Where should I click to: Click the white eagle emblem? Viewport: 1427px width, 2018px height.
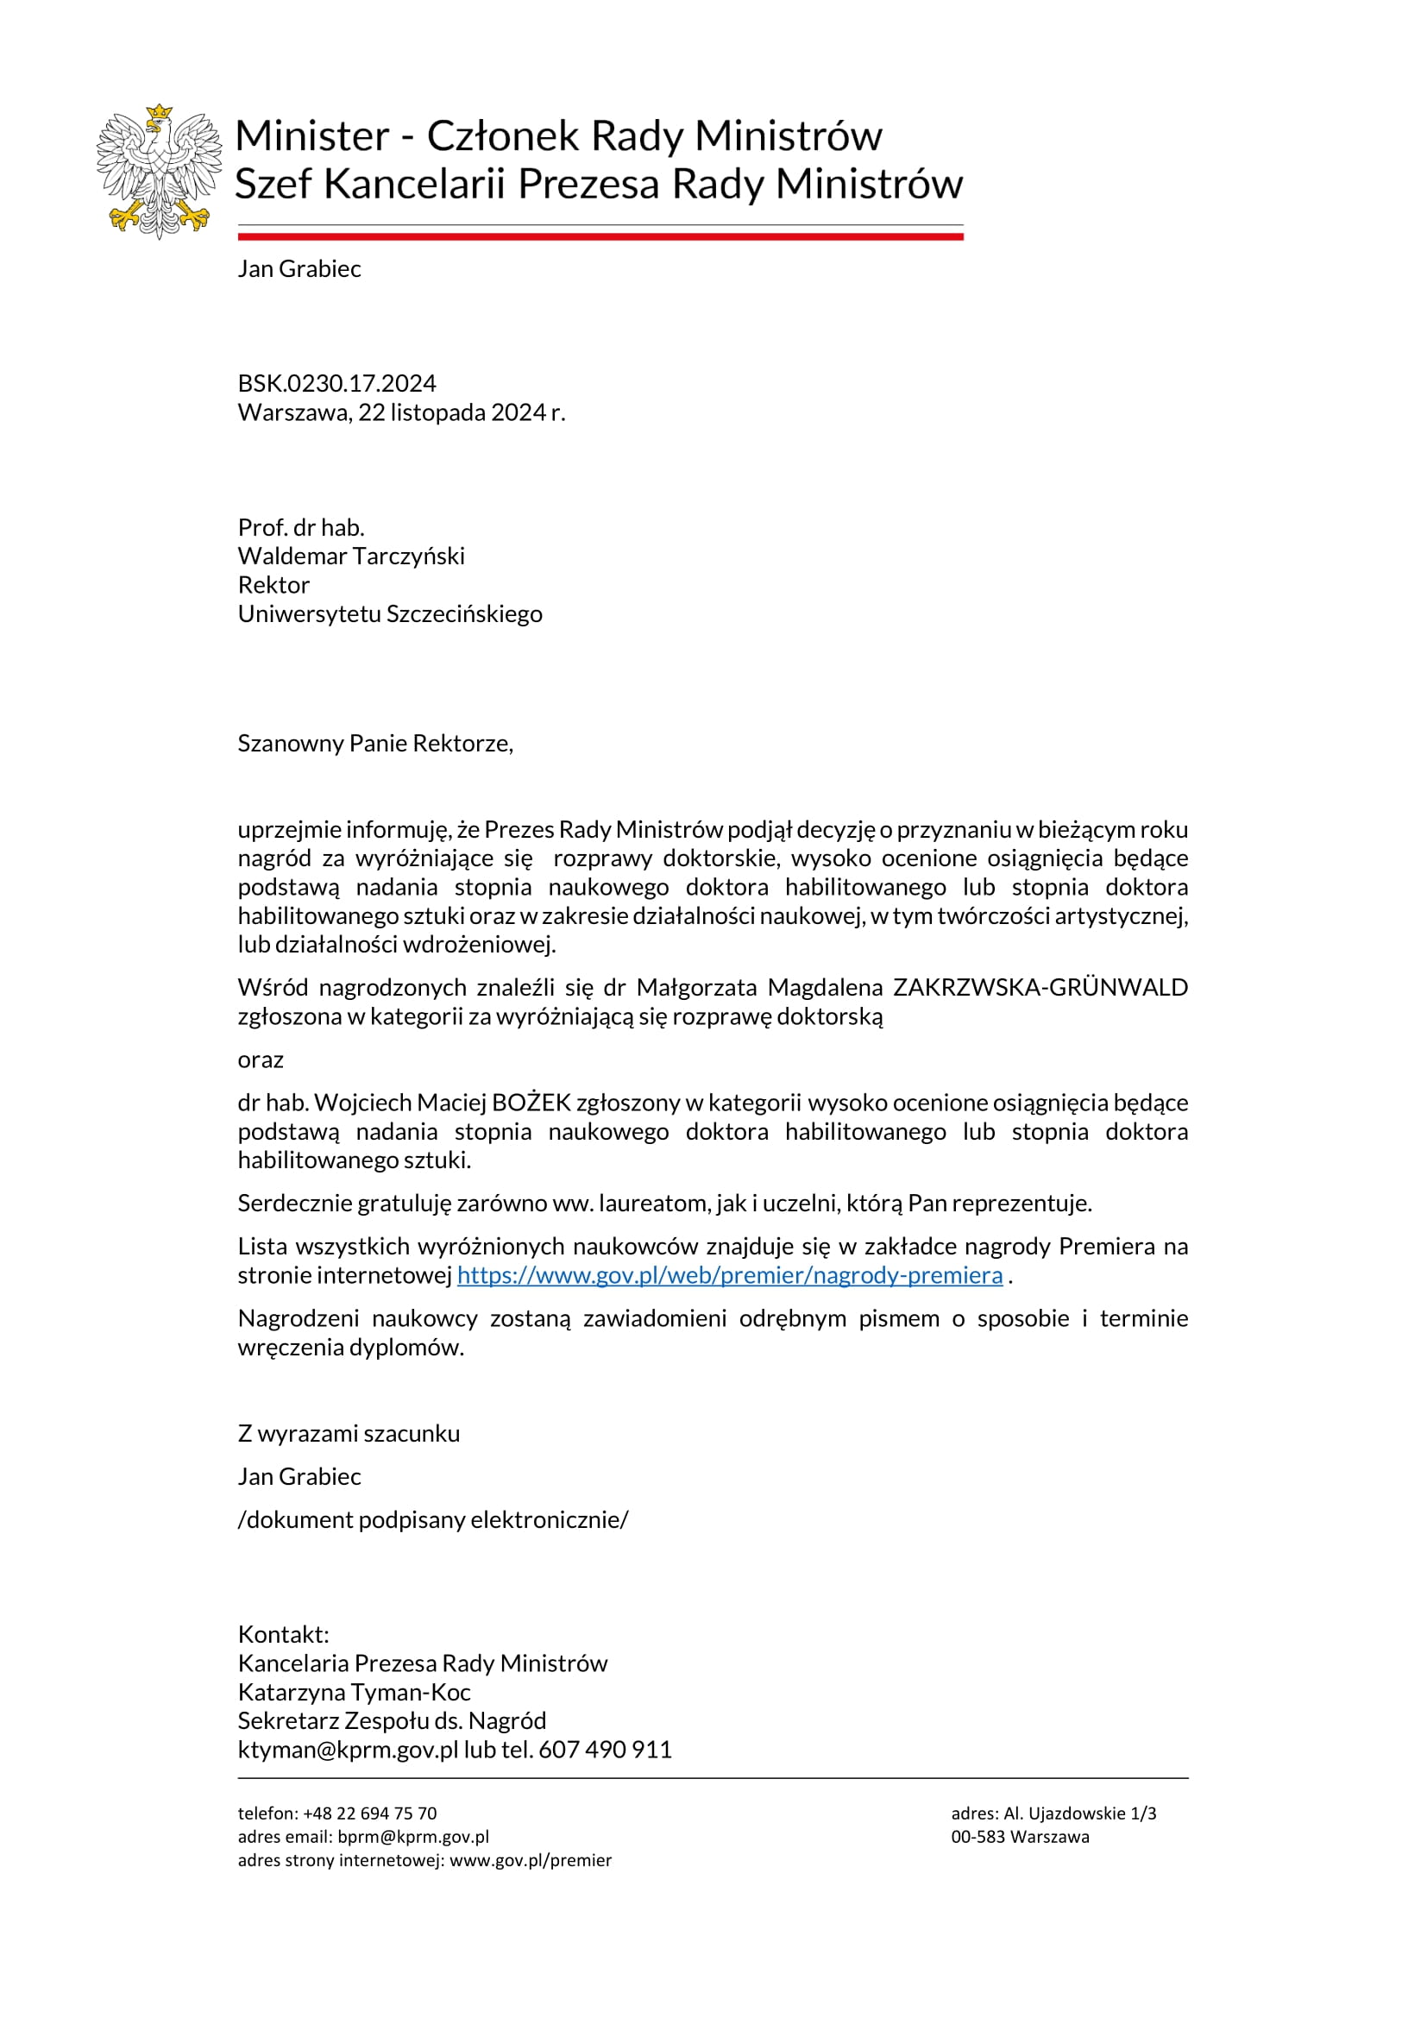point(158,172)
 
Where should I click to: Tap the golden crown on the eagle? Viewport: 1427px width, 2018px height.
point(159,112)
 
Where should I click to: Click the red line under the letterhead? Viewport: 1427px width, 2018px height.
point(600,236)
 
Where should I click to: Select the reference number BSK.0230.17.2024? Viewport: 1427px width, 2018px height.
point(336,383)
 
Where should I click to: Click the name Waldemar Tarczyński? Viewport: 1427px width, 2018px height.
point(350,556)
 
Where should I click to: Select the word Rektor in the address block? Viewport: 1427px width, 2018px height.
point(273,584)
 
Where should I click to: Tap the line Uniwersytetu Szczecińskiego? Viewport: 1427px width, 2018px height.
point(389,613)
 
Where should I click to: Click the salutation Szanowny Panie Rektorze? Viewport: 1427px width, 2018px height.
point(375,743)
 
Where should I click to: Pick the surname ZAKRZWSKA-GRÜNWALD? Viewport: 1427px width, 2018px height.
point(1040,987)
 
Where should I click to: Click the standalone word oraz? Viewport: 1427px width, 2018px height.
point(260,1059)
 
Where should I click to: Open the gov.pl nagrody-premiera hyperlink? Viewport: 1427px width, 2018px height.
point(729,1274)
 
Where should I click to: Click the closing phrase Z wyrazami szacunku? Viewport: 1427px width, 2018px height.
point(349,1433)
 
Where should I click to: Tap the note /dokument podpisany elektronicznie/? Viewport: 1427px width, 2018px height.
point(433,1518)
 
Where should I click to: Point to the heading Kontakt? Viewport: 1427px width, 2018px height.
point(283,1634)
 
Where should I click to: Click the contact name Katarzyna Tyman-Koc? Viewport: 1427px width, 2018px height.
point(354,1692)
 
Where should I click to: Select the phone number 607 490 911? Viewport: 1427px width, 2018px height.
point(605,1749)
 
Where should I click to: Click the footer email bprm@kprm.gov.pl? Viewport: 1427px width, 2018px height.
point(413,1836)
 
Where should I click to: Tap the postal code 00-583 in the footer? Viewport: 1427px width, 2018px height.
point(978,1836)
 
